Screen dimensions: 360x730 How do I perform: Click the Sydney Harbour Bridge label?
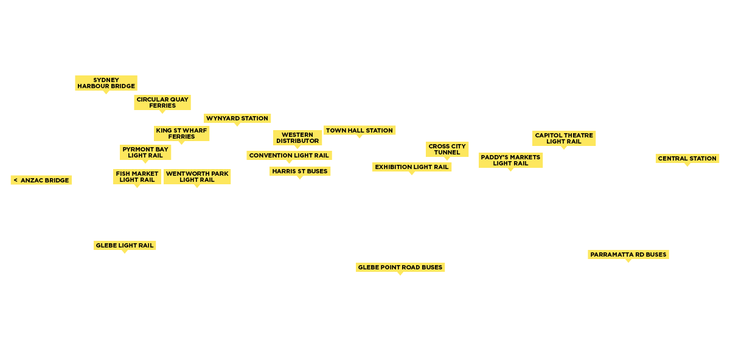pos(106,83)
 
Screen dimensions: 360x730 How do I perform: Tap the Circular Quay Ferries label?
pos(162,103)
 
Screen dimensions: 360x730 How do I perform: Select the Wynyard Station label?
pos(237,119)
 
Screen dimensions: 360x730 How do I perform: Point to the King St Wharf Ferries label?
pos(181,134)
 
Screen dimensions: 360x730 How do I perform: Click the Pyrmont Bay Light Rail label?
pos(145,153)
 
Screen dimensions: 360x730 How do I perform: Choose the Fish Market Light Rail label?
pos(137,177)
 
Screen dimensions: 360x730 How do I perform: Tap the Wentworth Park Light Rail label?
pos(197,177)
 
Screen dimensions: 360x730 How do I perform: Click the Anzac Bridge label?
pos(41,180)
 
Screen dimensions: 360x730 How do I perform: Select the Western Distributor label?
pos(297,138)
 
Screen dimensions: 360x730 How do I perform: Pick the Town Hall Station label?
pos(360,130)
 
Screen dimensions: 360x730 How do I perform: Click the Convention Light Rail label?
pos(289,156)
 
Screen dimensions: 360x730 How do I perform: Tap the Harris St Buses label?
pos(300,171)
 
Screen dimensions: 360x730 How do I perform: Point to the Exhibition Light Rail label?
pos(412,167)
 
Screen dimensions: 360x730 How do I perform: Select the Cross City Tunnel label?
pos(447,150)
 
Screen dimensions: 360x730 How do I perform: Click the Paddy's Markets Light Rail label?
pos(510,161)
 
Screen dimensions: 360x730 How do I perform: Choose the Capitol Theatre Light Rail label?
pos(564,139)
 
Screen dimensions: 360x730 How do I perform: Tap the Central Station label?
pos(687,159)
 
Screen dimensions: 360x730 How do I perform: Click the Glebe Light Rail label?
pos(125,246)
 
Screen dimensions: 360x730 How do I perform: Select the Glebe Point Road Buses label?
pos(400,268)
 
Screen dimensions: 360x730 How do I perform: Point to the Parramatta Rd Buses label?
pos(628,255)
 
